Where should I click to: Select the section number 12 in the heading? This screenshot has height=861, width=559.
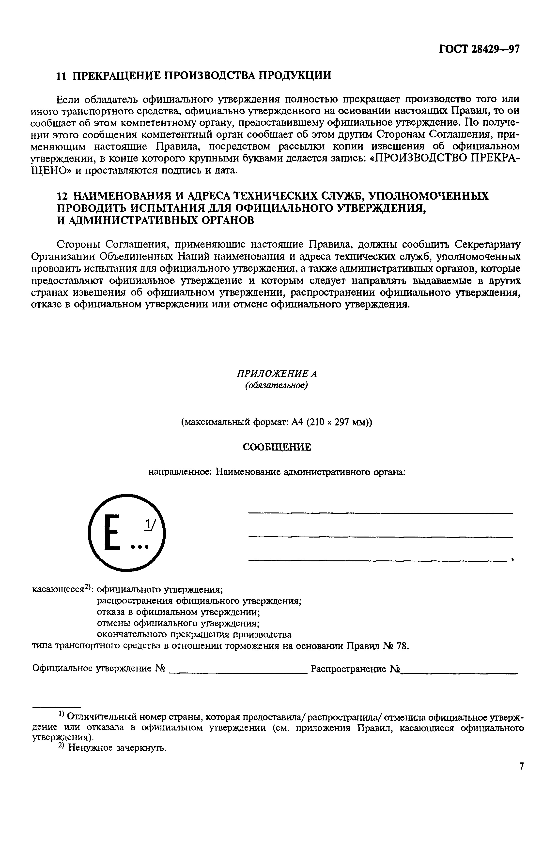tap(62, 196)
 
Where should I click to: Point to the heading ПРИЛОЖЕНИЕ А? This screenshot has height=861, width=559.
tap(277, 373)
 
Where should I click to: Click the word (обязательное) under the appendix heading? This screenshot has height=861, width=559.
tap(277, 385)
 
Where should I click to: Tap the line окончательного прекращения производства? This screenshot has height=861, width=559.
tap(194, 635)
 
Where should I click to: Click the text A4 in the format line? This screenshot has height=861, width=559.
tap(297, 422)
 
